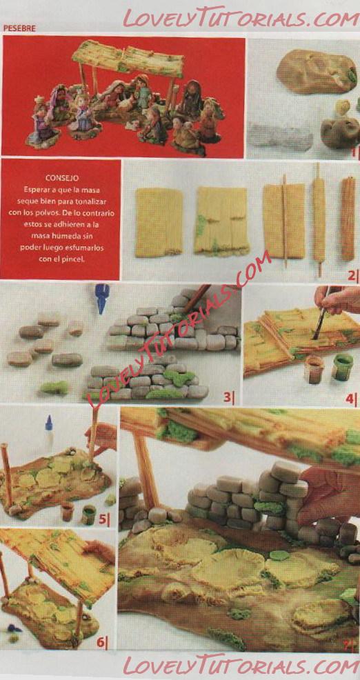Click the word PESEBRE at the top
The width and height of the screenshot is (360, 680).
(x=19, y=28)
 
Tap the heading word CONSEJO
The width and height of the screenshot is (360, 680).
(x=61, y=178)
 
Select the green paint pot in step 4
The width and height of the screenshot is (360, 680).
(x=342, y=367)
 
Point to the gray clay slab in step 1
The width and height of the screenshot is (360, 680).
(x=280, y=136)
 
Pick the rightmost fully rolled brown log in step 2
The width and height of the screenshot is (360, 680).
(x=348, y=219)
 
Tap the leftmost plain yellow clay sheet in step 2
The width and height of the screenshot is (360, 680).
(x=159, y=222)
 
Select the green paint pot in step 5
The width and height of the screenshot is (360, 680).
(x=88, y=514)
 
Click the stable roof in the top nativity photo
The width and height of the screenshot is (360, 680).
(x=128, y=58)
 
